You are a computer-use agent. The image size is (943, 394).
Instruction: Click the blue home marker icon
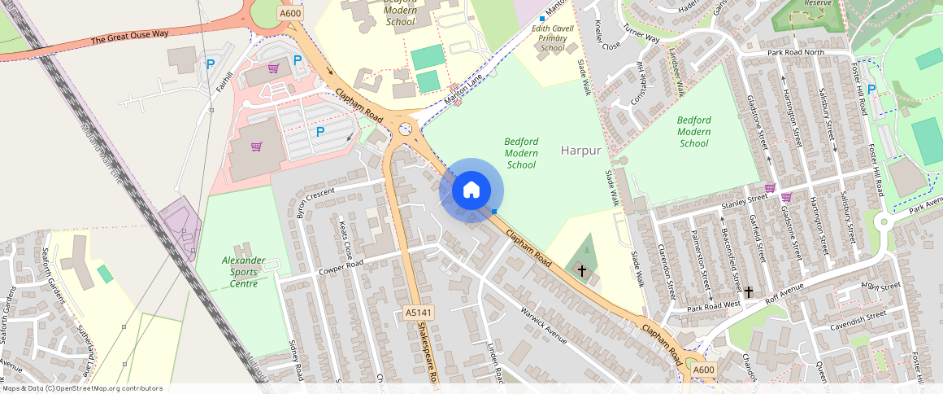click(x=471, y=190)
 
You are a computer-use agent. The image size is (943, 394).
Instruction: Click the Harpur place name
click(x=581, y=151)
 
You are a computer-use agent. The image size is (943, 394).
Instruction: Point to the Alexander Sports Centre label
click(x=244, y=272)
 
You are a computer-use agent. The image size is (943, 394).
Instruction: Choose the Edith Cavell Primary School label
click(x=553, y=38)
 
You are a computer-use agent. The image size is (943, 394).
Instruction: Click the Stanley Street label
click(x=745, y=198)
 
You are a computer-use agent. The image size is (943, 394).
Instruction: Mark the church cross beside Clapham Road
click(x=581, y=269)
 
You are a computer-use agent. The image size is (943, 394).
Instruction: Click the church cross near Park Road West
click(x=748, y=291)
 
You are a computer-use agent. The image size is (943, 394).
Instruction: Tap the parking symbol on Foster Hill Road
click(x=871, y=89)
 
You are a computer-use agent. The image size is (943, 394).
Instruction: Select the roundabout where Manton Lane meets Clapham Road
click(x=404, y=128)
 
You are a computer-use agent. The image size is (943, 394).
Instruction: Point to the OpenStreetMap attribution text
click(x=81, y=388)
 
